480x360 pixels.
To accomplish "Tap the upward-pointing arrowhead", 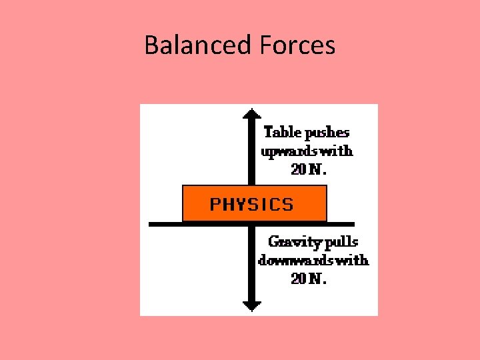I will coord(251,113).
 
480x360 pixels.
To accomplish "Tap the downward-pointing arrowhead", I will coord(251,306).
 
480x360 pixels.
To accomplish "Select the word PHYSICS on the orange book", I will coord(252,204).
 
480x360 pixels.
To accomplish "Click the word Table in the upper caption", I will coord(283,132).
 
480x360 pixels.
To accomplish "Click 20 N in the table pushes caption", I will coord(309,169).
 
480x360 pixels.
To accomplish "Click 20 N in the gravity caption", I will coord(309,279).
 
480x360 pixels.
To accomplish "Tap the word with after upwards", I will coord(337,151).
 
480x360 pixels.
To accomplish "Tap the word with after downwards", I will coord(353,260).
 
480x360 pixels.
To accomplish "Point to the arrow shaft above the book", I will coord(251,153).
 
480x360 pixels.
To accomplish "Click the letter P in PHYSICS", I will coord(215,204).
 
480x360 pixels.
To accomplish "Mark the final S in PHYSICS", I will coord(288,204).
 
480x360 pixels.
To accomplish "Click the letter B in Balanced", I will coord(151,45).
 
